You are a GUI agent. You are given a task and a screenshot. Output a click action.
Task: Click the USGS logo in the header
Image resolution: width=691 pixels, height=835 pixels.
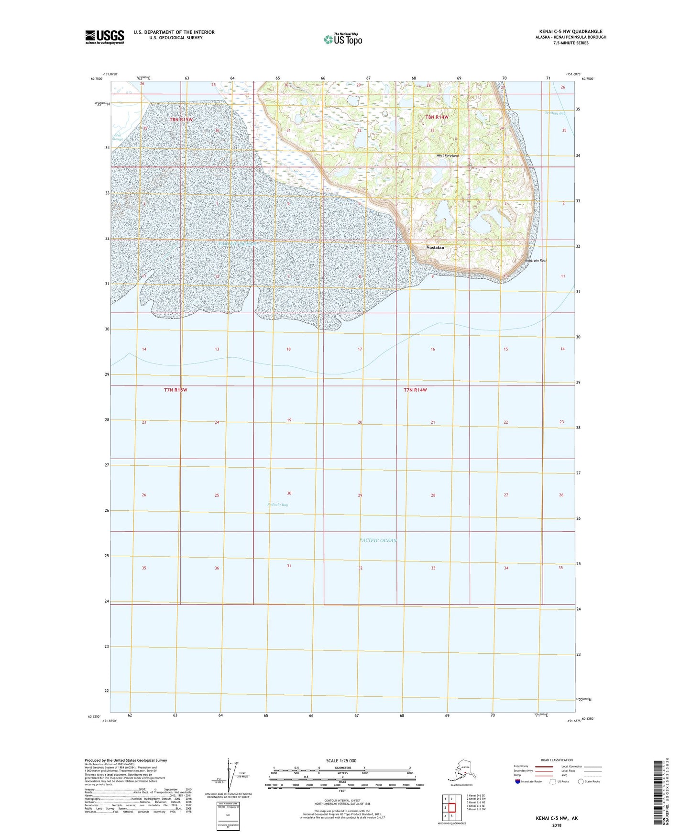[104, 37]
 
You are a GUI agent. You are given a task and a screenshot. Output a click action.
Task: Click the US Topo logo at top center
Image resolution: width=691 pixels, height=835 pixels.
[342, 39]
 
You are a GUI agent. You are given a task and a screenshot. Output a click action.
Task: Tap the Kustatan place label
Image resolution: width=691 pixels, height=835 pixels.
[435, 248]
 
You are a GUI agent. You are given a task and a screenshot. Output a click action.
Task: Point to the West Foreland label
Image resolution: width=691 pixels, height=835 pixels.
[447, 156]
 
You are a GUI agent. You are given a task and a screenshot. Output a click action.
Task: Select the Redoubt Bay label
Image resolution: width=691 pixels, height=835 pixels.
[277, 505]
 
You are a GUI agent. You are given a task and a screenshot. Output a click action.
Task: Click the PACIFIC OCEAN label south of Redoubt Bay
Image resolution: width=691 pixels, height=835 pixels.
[378, 540]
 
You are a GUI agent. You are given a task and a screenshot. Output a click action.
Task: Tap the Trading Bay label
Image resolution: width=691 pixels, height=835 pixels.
[555, 113]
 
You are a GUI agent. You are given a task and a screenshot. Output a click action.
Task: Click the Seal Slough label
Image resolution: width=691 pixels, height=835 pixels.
[118, 137]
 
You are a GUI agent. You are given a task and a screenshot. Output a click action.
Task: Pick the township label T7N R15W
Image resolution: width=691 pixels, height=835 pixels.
[175, 390]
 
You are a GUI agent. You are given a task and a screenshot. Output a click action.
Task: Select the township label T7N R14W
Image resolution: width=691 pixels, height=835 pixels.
[415, 390]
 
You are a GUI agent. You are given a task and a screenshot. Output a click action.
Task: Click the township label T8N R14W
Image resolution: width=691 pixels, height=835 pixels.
[437, 117]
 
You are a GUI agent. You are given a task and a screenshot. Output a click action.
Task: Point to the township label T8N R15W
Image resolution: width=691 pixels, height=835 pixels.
[181, 119]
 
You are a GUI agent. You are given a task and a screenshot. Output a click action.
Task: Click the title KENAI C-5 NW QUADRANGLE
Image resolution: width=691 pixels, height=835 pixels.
[570, 32]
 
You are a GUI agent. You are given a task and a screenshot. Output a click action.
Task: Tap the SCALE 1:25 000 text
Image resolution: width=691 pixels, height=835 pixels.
[341, 760]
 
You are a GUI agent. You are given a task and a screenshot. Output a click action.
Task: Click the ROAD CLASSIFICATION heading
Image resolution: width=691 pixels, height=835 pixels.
[557, 760]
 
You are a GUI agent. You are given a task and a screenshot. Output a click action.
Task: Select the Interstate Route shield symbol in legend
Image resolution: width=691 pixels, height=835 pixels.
[518, 781]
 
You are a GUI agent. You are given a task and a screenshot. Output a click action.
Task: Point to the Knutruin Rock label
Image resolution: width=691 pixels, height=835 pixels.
[536, 261]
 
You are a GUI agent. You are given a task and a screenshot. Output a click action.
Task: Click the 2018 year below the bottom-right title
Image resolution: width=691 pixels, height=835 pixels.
[557, 825]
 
